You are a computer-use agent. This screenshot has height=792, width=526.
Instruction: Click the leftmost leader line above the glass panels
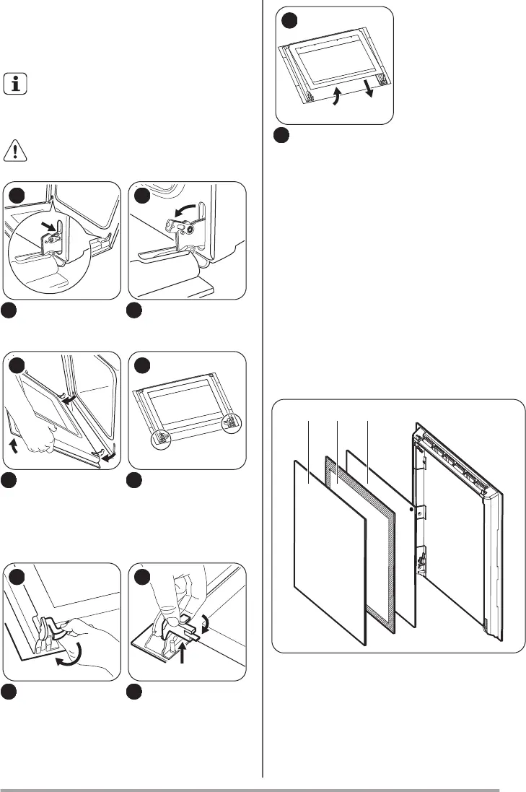[x=309, y=444]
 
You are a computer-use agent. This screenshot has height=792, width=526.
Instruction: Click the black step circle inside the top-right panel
[x=290, y=22]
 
